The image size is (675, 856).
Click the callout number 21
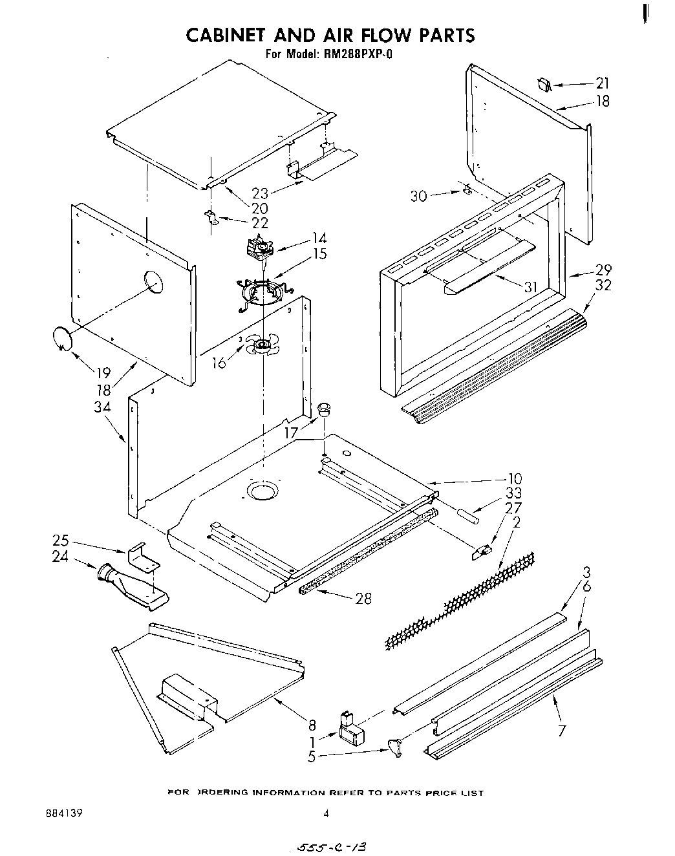coord(602,83)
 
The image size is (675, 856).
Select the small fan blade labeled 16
coord(262,347)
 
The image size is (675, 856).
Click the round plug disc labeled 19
coord(63,339)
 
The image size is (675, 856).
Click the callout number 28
coord(363,599)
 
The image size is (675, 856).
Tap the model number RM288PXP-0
coord(354,54)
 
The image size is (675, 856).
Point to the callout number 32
coord(603,285)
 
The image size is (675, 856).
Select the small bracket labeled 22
coord(211,217)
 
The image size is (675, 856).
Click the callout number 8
coord(312,724)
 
